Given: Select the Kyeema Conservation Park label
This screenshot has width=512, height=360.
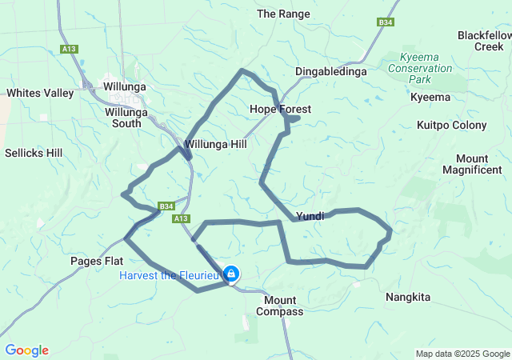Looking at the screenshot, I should tap(419, 69).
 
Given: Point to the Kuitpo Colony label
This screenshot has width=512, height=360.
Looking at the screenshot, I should tap(451, 125).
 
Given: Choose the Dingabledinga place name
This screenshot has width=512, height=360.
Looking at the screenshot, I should tap(330, 71).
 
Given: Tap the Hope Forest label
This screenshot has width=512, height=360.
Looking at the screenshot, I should tap(280, 109).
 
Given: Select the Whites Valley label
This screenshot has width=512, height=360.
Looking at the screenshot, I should tap(40, 93).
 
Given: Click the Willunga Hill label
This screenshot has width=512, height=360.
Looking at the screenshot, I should tap(215, 145).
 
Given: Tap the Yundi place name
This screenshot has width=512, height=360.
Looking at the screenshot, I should tap(310, 216).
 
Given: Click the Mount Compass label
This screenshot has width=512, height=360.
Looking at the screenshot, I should tap(283, 306).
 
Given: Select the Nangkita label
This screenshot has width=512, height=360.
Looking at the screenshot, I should tap(407, 297).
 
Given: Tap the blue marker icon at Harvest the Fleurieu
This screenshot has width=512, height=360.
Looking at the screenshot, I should tap(230, 274).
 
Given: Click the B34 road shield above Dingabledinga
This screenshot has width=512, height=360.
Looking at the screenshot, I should tap(386, 22).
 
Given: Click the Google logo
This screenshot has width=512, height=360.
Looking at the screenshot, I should tap(26, 350).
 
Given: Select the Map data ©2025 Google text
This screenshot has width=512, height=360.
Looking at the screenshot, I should tap(462, 354).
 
